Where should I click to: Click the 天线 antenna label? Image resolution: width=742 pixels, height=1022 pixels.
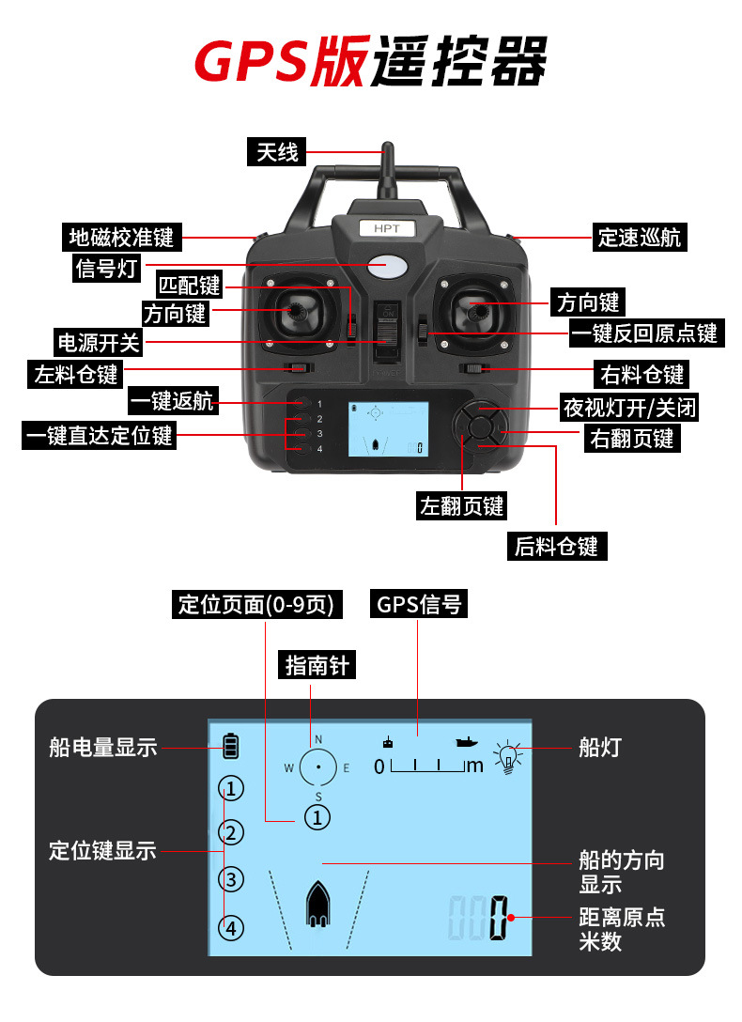coord(277,152)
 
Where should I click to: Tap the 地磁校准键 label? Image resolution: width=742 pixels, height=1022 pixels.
coord(122,237)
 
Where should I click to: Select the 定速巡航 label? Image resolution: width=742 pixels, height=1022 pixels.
coord(640,237)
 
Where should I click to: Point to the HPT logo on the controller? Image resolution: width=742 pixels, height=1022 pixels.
coord(387,228)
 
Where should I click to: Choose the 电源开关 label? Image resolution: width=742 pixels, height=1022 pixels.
coord(99,341)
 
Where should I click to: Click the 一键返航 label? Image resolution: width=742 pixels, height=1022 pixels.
coord(173,402)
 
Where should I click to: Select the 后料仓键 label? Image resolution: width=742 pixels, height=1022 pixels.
coord(556,546)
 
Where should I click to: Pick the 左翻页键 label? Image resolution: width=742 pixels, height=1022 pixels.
coord(462,506)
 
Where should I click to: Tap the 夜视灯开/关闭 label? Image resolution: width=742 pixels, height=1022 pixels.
coord(630,408)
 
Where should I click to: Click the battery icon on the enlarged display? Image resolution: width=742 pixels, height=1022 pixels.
coord(231,747)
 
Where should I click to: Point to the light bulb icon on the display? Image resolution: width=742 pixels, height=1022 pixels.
coord(508,757)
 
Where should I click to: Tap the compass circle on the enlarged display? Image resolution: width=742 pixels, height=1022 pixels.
coord(318,766)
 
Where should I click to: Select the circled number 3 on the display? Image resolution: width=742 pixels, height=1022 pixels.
coord(231,880)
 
